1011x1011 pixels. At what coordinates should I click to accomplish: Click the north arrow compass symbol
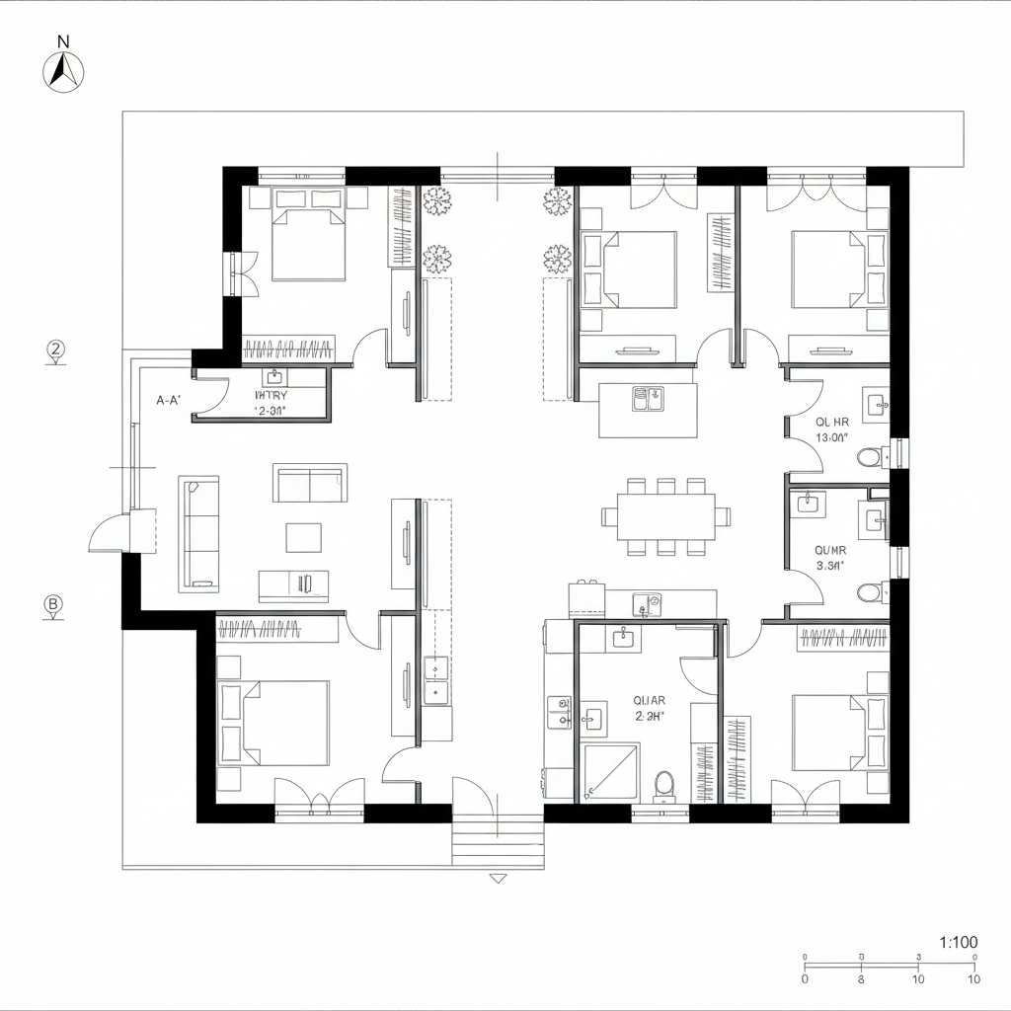pos(64,68)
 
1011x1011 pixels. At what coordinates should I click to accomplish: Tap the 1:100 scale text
pos(957,942)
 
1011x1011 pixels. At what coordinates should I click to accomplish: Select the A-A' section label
pos(169,401)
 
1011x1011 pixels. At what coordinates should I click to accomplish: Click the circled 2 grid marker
pos(56,349)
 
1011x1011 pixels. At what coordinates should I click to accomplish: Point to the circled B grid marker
pos(54,604)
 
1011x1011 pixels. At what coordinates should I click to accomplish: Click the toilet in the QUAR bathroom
pos(664,785)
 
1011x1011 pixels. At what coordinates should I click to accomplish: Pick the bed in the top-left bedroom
pos(308,244)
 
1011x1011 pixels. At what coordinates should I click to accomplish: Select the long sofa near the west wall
pos(198,534)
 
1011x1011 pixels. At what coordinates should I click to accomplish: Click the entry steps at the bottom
pos(498,842)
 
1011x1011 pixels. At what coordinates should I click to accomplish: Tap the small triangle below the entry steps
pos(498,878)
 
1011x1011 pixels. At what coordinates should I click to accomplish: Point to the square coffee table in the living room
pos(303,537)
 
